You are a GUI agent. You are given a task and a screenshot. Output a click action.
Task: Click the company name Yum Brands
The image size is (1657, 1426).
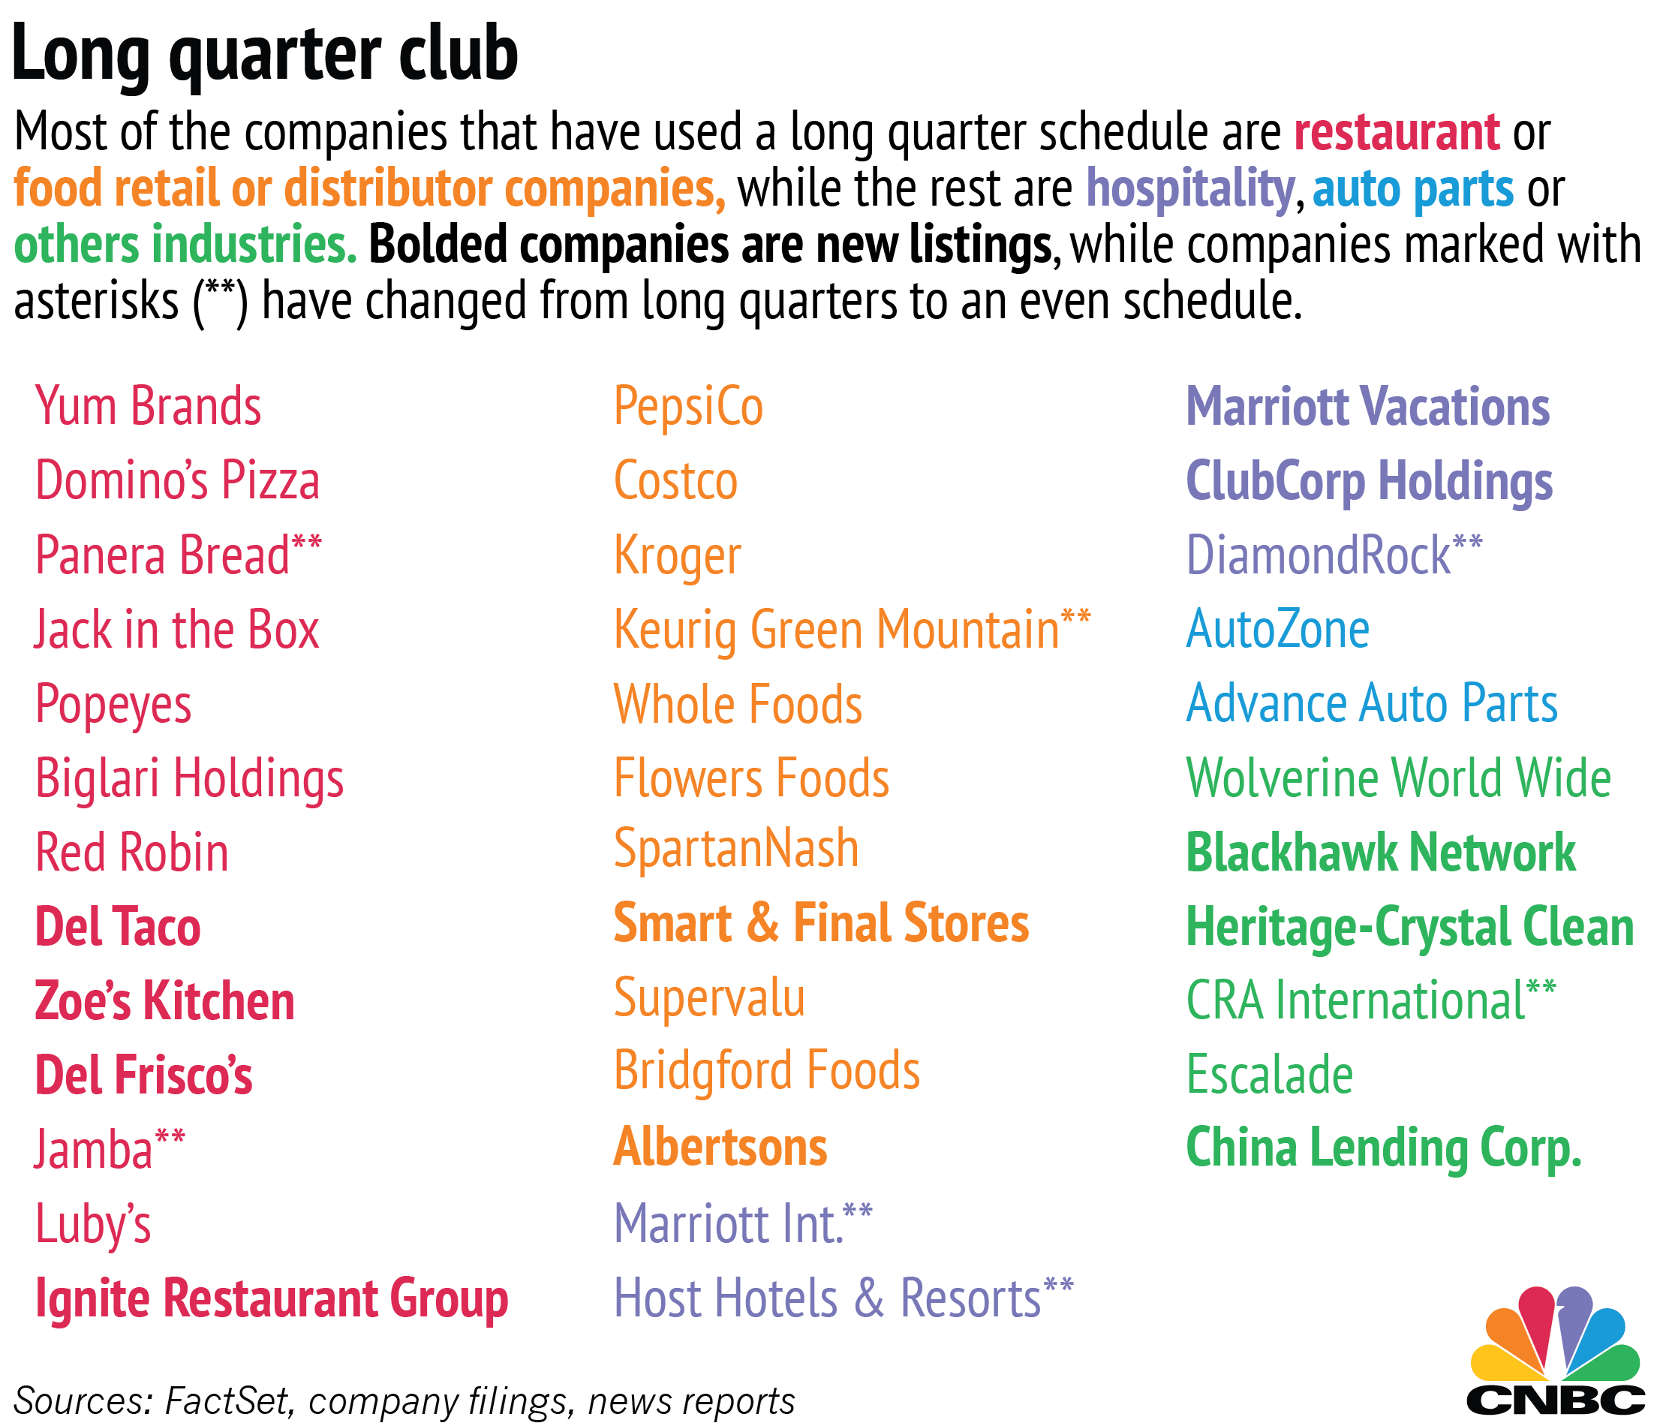point(148,406)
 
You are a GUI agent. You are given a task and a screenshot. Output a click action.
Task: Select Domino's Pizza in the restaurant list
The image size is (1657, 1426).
point(178,480)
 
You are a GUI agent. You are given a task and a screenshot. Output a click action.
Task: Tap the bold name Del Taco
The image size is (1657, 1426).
point(118,927)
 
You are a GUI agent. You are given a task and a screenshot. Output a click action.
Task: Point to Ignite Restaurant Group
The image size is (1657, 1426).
point(272,1299)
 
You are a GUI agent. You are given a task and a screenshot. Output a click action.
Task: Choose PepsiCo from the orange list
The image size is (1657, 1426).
point(689,406)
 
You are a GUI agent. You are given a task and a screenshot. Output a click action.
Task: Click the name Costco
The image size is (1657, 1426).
point(675,480)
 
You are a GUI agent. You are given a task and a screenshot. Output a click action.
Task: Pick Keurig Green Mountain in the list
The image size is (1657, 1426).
point(837,630)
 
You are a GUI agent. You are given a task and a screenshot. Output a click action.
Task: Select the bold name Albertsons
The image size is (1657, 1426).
point(720,1147)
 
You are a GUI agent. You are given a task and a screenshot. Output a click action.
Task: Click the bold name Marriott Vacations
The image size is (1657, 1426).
point(1368,406)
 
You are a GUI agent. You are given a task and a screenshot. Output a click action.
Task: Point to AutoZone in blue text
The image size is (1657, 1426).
point(1278,630)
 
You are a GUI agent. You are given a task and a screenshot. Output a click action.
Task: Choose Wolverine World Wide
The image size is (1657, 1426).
point(1399,778)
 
